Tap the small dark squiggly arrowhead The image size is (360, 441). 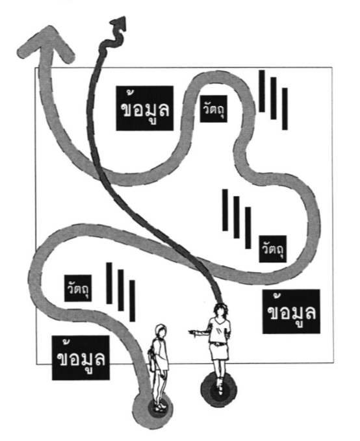119,23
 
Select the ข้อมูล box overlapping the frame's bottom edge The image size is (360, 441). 81,357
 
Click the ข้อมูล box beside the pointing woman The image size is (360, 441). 291,311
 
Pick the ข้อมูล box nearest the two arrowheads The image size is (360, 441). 145,108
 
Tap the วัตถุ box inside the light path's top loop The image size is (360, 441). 213,108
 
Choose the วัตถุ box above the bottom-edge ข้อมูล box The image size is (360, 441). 78,288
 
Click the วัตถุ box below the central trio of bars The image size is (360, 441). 273,249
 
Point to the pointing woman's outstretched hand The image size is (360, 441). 192,332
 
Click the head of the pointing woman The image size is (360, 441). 220,310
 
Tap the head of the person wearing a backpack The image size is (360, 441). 161,331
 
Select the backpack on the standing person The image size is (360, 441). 152,357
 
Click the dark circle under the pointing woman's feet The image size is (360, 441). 219,389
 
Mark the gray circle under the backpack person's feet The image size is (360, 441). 153,409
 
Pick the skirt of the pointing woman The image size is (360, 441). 219,351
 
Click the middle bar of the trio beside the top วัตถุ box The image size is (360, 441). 274,98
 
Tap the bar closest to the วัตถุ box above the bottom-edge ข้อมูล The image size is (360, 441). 109,283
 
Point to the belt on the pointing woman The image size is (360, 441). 217,344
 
